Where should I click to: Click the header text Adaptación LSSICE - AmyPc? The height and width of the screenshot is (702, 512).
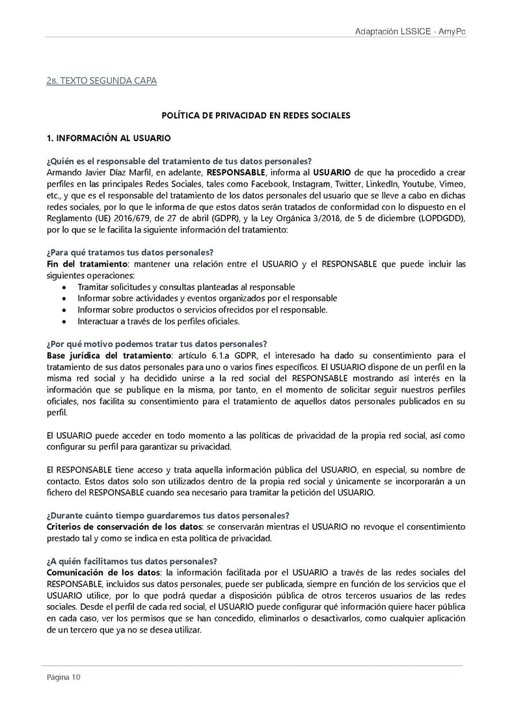pyautogui.click(x=411, y=32)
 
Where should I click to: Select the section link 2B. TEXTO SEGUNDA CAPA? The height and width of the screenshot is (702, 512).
pyautogui.click(x=101, y=81)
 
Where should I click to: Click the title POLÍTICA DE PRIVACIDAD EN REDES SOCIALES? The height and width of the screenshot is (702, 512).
pyautogui.click(x=256, y=116)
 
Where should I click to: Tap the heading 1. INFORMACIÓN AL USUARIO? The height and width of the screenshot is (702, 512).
pyautogui.click(x=108, y=138)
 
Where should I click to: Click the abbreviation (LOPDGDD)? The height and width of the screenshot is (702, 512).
pyautogui.click(x=440, y=218)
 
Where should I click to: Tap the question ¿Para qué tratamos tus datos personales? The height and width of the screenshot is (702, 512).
pyautogui.click(x=130, y=252)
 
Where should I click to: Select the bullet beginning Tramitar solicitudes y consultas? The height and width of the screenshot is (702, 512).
pyautogui.click(x=186, y=287)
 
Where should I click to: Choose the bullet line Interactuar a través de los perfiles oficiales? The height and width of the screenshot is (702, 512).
pyautogui.click(x=158, y=320)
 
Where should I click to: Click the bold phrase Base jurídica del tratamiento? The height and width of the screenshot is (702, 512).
pyautogui.click(x=108, y=355)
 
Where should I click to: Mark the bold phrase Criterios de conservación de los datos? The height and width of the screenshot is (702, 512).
pyautogui.click(x=122, y=526)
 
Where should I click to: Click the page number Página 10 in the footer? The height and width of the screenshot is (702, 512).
pyautogui.click(x=64, y=677)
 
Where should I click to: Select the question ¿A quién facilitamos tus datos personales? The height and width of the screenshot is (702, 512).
pyautogui.click(x=132, y=560)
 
